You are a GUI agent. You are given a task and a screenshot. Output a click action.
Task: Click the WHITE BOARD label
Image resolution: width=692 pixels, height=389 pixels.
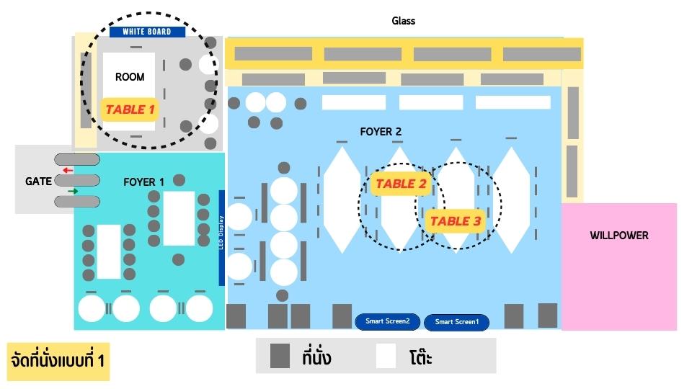pyautogui.click(x=147, y=32)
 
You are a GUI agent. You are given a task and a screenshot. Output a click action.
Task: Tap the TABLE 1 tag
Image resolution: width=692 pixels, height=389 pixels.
pyautogui.click(x=130, y=109)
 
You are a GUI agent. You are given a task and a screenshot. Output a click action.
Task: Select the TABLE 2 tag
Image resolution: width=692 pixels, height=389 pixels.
pyautogui.click(x=401, y=184)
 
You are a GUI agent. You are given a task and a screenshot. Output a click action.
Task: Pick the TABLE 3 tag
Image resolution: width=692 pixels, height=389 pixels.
pyautogui.click(x=455, y=221)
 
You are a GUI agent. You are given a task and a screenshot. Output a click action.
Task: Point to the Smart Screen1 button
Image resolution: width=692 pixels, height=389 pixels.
pyautogui.click(x=456, y=322)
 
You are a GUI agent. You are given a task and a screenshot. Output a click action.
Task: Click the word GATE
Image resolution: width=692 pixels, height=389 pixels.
pyautogui.click(x=38, y=181)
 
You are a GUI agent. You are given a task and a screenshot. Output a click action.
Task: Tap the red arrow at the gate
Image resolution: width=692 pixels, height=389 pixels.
pyautogui.click(x=68, y=171)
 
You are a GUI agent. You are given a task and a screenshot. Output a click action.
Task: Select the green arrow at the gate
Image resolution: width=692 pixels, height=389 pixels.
pyautogui.click(x=72, y=191)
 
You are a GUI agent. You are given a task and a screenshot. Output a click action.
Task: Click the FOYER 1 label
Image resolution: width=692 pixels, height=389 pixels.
pyautogui.click(x=144, y=182)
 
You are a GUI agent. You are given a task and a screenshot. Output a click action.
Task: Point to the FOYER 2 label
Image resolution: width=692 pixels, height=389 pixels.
pyautogui.click(x=381, y=132)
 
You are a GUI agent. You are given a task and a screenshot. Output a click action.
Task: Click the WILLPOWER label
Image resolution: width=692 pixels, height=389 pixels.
pyautogui.click(x=618, y=236)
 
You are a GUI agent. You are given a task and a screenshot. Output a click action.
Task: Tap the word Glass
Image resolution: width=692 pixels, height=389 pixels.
pyautogui.click(x=404, y=21)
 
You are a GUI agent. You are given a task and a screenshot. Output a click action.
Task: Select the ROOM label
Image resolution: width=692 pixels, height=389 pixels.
pyautogui.click(x=130, y=77)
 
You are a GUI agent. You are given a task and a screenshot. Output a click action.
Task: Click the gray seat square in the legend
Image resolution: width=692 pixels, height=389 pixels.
pyautogui.click(x=280, y=356)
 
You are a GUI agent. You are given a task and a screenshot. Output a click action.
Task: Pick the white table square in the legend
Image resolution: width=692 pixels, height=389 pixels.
pyautogui.click(x=386, y=356)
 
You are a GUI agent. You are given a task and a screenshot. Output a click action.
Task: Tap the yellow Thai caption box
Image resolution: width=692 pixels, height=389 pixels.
pyautogui.click(x=58, y=360)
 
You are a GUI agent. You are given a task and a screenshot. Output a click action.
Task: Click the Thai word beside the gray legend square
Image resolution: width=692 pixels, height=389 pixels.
pyautogui.click(x=317, y=357)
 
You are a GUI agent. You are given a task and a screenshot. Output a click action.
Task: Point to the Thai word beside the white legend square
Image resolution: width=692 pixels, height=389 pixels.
pyautogui.click(x=420, y=357)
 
